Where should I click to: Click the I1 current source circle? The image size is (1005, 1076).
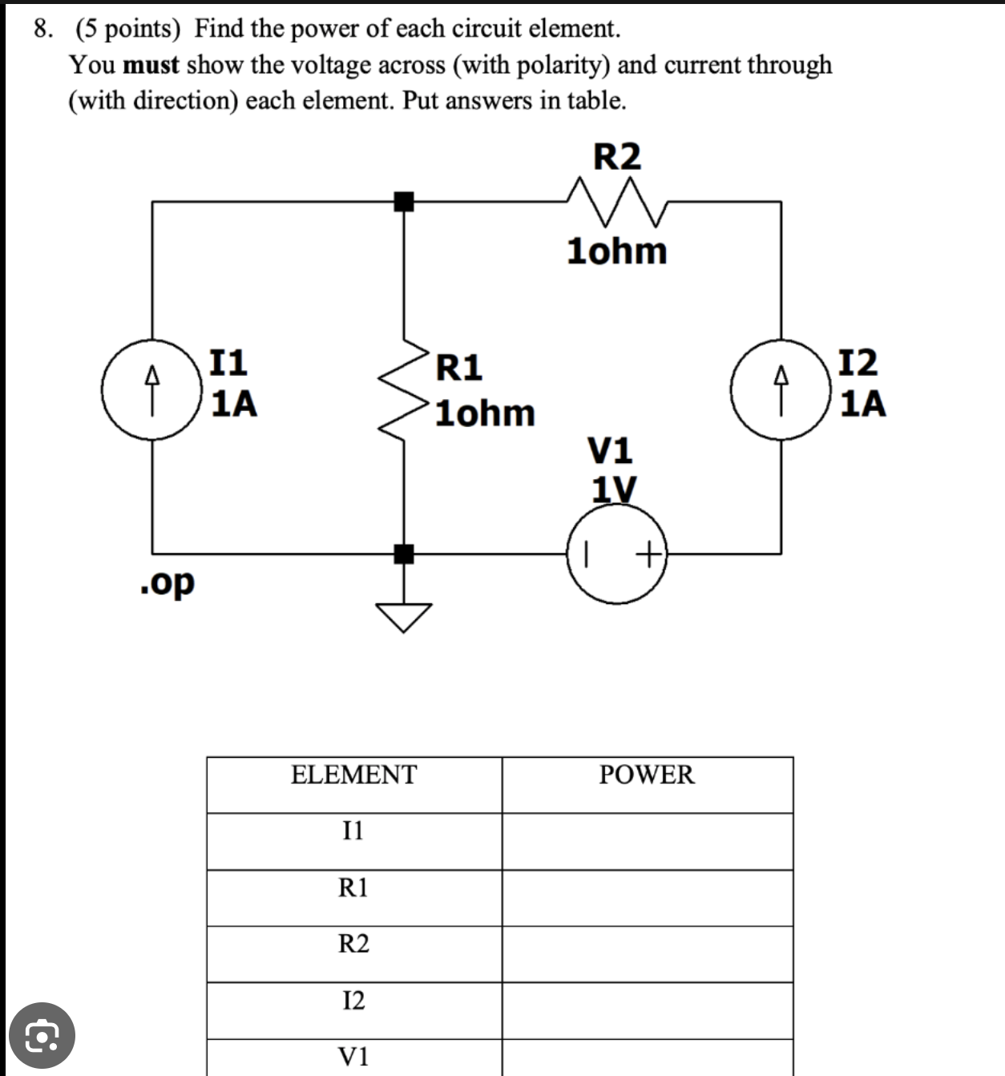tap(152, 389)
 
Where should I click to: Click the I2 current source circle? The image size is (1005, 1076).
tap(781, 389)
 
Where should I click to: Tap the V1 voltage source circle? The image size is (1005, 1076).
tap(617, 554)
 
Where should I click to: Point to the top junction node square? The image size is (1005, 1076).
tap(404, 202)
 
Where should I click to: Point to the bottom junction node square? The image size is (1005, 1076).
tap(404, 553)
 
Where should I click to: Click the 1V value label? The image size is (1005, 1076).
tap(614, 488)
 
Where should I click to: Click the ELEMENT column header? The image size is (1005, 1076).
tap(353, 775)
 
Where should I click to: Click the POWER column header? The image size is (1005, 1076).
tap(647, 775)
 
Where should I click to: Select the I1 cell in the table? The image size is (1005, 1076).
tap(353, 831)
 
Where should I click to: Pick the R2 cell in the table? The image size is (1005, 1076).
tap(353, 944)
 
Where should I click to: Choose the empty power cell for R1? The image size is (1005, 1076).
tap(647, 897)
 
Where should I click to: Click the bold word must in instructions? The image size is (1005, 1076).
tap(151, 65)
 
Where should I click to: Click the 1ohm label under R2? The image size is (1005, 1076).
tap(616, 251)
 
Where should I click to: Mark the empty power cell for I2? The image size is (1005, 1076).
tap(647, 1010)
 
